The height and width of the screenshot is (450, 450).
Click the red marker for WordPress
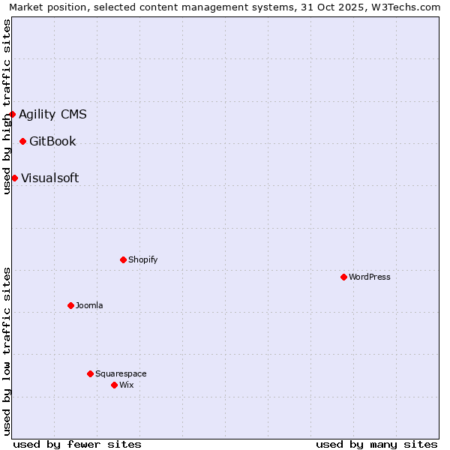343,277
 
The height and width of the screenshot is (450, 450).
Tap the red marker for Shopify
123,259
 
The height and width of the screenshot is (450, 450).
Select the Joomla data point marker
70,305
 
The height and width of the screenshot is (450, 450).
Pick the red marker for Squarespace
90,373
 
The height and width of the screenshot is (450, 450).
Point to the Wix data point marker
114,385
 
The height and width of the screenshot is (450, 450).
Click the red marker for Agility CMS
13,114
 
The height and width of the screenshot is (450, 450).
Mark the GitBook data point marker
22,141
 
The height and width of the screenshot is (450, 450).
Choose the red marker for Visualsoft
14,178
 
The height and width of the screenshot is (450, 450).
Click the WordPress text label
370,277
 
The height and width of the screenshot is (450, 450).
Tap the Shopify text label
142,259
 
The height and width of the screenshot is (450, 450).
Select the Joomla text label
89,305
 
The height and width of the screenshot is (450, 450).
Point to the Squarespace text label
121,373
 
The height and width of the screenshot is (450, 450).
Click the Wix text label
127,385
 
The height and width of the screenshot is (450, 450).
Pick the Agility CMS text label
52,114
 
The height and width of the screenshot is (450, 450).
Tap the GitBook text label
52,141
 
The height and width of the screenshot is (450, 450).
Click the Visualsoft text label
49,178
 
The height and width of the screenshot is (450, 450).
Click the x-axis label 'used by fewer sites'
77,444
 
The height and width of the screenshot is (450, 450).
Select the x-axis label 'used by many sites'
376,444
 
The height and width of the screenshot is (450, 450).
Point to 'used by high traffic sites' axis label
7,106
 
